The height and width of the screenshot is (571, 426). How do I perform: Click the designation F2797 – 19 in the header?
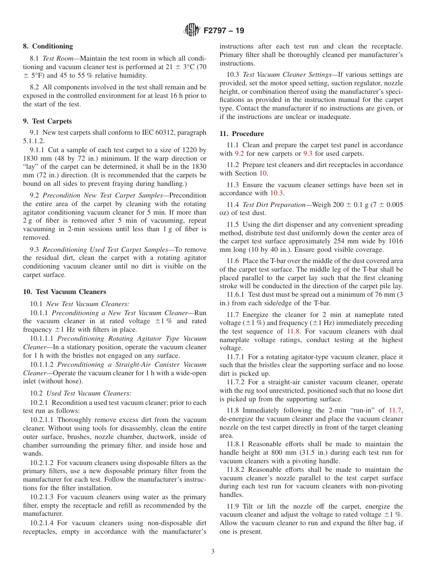coord(224,31)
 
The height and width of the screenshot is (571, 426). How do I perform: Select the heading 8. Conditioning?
coord(48,46)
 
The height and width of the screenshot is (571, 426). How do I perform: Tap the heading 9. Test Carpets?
coord(47,121)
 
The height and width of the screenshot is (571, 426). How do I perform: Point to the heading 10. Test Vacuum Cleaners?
coord(64,292)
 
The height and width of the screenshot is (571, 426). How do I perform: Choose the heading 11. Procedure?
coord(241,134)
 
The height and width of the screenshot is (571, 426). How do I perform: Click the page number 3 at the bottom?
coord(213,552)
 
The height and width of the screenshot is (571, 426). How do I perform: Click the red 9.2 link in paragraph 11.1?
coord(240,154)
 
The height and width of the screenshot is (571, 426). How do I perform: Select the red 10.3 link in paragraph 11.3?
coord(277,193)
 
